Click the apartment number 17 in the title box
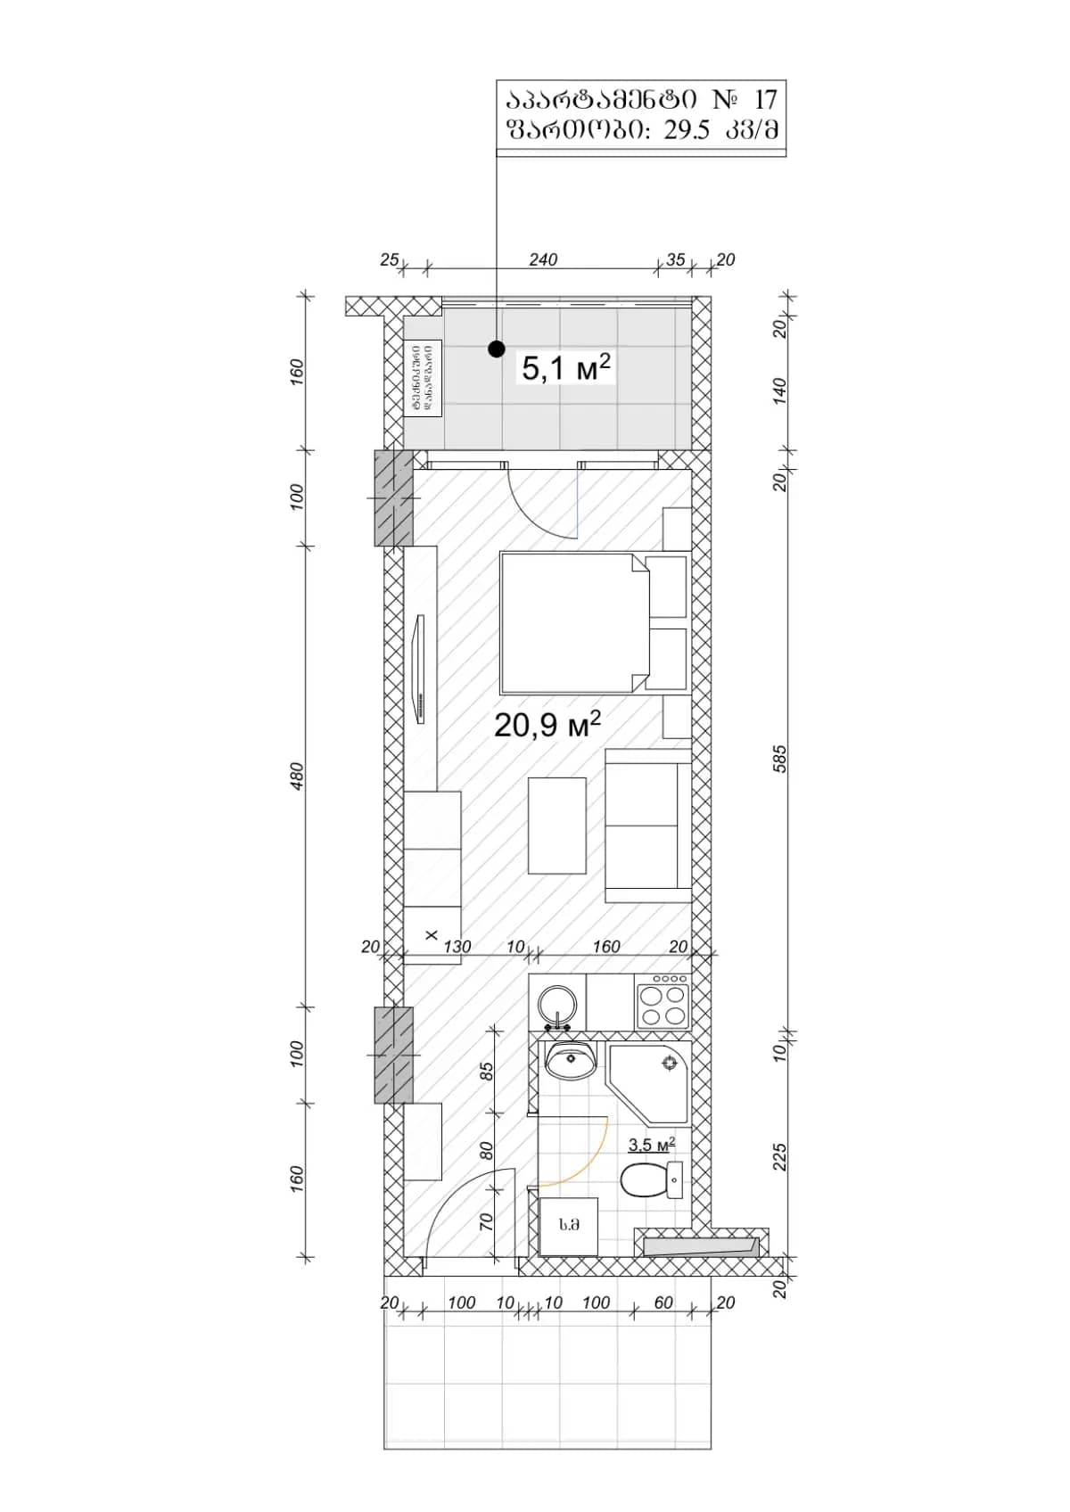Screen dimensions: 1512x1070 pos(765,99)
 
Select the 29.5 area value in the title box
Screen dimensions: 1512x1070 pos(687,130)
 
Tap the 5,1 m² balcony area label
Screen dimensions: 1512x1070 pos(566,367)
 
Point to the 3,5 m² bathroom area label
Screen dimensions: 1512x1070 pos(651,1145)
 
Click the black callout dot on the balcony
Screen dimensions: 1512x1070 pos(497,349)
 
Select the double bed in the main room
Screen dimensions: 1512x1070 pos(571,622)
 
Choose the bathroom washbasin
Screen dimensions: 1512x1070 pos(570,1060)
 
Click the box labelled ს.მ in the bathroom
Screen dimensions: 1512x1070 pos(569,1226)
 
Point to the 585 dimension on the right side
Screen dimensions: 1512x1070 pos(780,759)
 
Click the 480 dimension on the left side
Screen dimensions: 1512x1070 pos(298,775)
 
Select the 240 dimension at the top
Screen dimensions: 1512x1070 pos(543,259)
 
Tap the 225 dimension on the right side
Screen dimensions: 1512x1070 pos(780,1157)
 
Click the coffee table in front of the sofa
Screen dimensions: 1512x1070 pos(557,826)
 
